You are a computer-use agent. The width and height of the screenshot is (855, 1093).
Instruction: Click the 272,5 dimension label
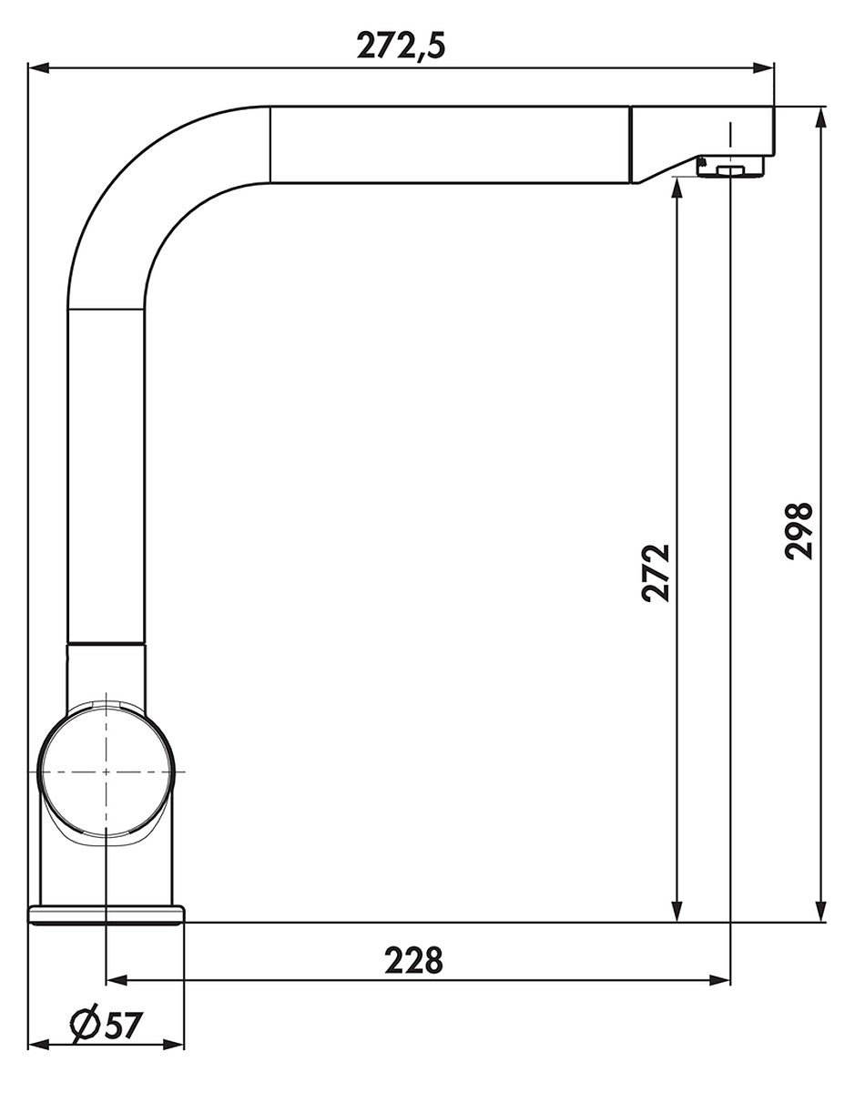[402, 46]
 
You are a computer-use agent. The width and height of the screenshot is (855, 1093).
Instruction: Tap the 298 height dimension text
[799, 531]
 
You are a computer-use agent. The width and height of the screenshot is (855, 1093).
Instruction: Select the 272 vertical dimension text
[657, 573]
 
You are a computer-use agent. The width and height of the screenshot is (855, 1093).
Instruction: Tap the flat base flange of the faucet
[107, 915]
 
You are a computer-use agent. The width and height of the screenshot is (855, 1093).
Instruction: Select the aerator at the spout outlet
[730, 167]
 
